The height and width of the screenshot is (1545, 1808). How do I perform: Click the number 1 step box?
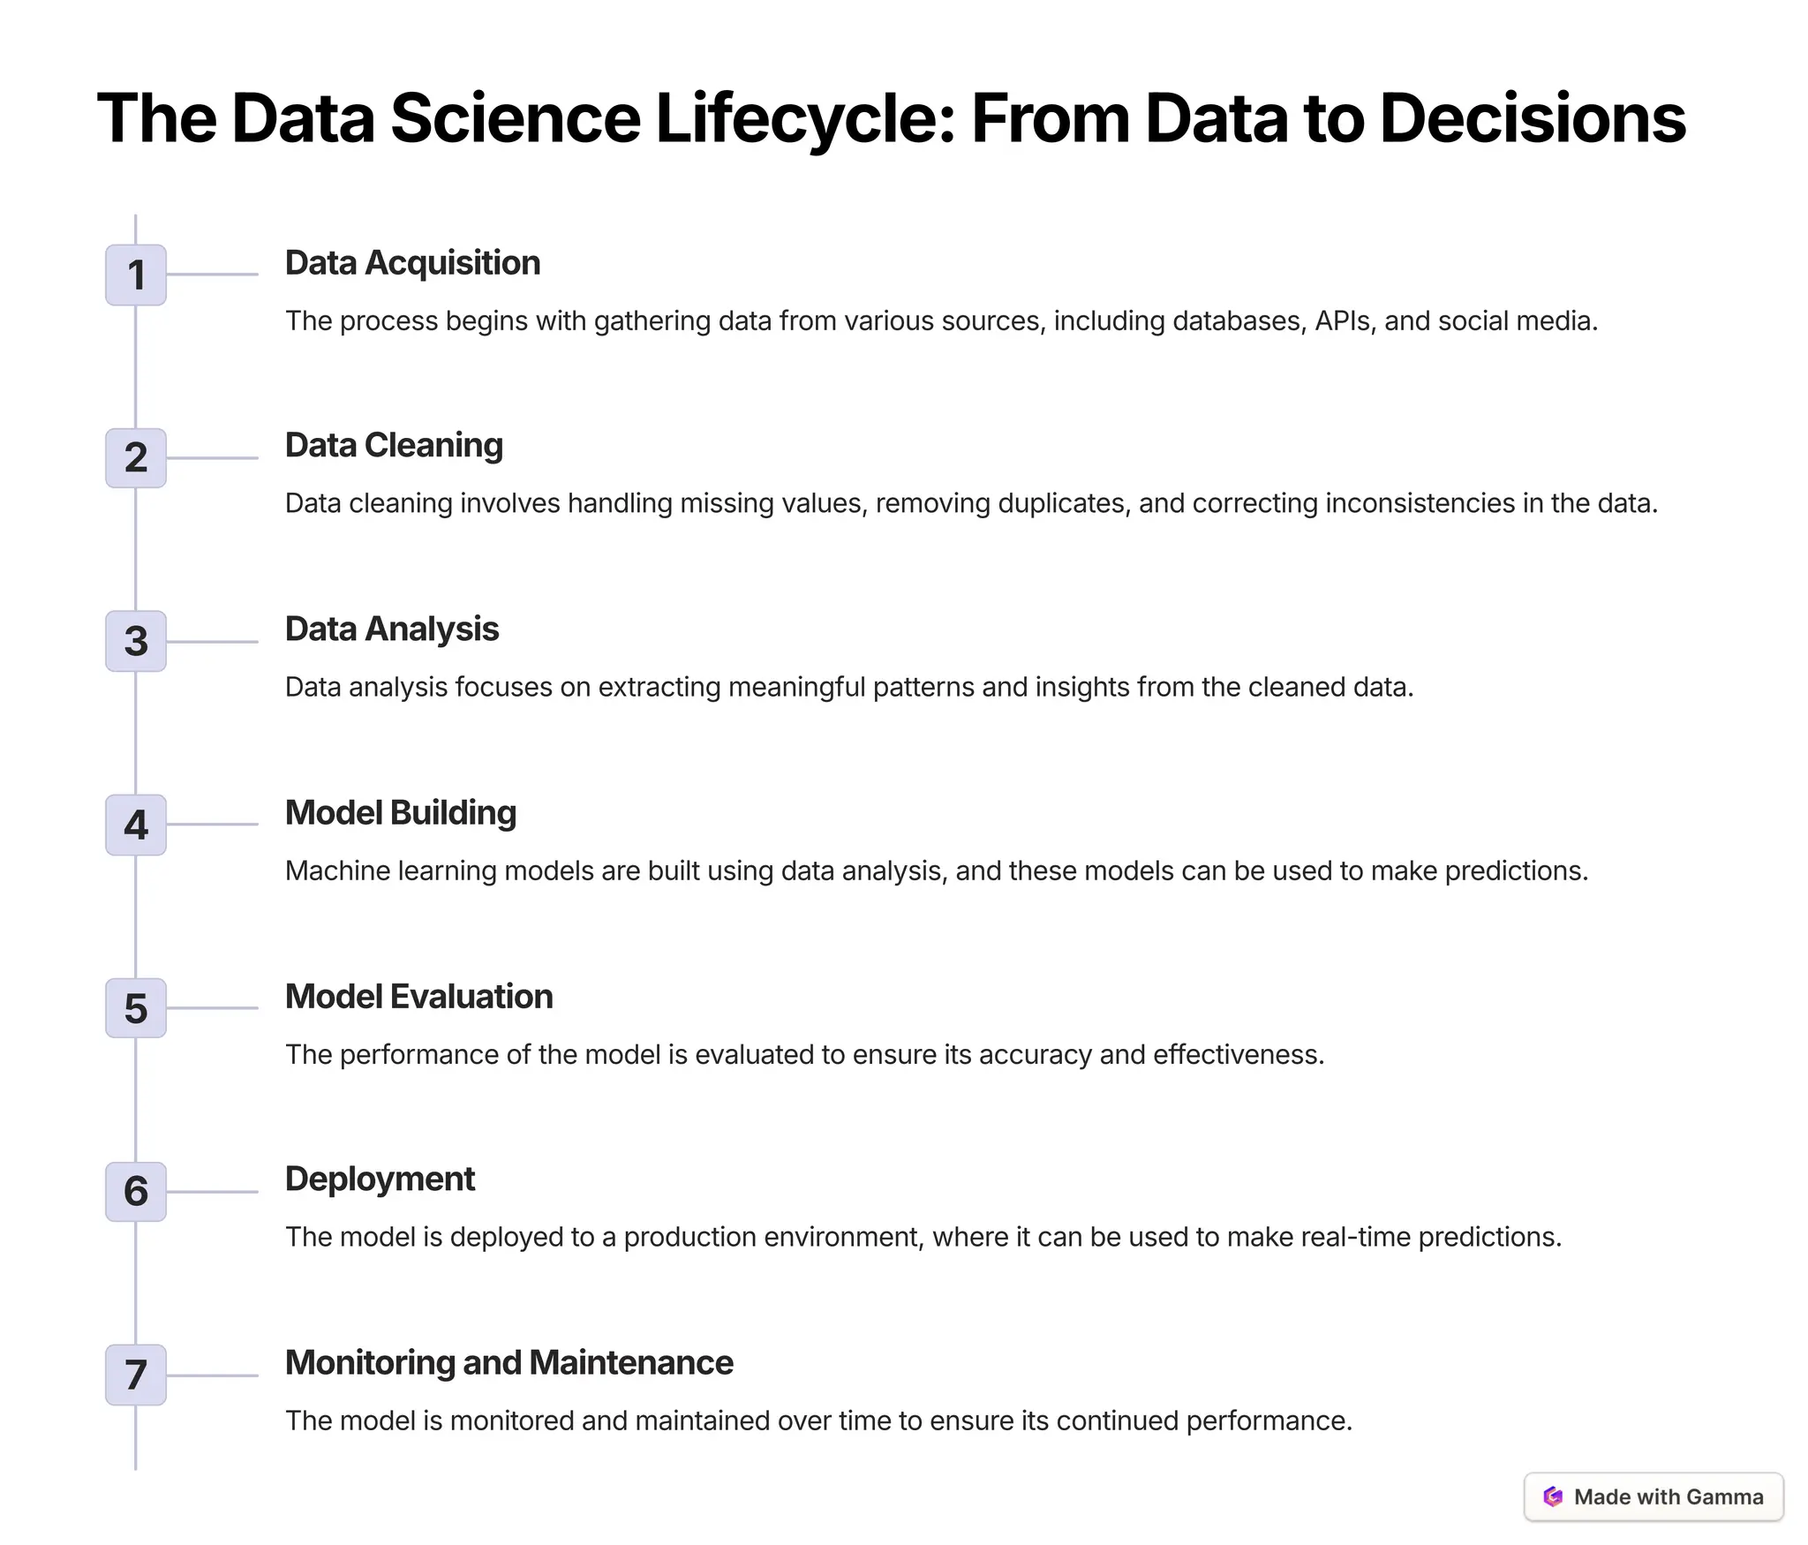136,275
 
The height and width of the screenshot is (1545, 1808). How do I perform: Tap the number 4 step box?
136,825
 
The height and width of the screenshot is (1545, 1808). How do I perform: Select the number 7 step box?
136,1375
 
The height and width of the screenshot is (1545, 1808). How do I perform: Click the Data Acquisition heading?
412,263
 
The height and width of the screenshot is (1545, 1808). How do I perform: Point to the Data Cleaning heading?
394,446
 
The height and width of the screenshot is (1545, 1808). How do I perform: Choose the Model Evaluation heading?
418,997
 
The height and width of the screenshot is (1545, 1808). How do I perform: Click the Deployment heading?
380,1179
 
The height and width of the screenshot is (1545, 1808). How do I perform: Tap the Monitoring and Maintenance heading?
508,1363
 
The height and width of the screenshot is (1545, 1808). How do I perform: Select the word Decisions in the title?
1533,119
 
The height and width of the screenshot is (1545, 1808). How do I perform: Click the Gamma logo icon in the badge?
1553,1496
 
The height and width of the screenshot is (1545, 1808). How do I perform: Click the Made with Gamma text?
1669,1496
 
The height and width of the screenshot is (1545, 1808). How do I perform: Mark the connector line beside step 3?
213,642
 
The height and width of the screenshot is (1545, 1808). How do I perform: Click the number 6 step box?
136,1192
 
